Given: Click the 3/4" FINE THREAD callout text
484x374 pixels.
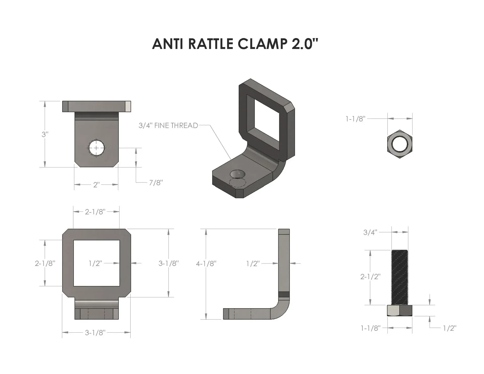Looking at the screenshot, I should tap(168, 125).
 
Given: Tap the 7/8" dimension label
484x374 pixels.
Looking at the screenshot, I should tap(156, 182).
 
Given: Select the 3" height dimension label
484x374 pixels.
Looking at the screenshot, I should tap(45, 134).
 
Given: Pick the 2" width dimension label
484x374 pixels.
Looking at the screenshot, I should tap(96, 185).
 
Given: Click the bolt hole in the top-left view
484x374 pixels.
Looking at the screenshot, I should tap(96, 148).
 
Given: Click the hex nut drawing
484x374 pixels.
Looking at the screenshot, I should tap(400, 144).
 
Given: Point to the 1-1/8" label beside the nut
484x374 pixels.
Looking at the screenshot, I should tap(355, 119).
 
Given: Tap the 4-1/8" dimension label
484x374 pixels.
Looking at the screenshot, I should tap(206, 264).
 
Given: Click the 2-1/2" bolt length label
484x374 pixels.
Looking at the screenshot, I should tap(370, 277).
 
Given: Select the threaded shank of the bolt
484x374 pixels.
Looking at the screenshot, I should tap(400, 277).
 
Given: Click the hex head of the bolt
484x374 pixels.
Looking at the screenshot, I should tap(400, 310).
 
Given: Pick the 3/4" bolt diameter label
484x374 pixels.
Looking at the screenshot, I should tap(370, 232).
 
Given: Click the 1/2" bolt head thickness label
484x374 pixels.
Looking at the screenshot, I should tap(450, 328).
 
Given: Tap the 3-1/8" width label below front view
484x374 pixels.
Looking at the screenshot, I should tap(95, 333).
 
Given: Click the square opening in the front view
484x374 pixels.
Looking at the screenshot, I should tap(96, 263).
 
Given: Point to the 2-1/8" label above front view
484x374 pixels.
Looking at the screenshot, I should tap(95, 212).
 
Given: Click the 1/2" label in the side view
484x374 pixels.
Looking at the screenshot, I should tap(253, 264).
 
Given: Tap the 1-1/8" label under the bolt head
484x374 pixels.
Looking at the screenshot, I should tap(370, 328).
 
